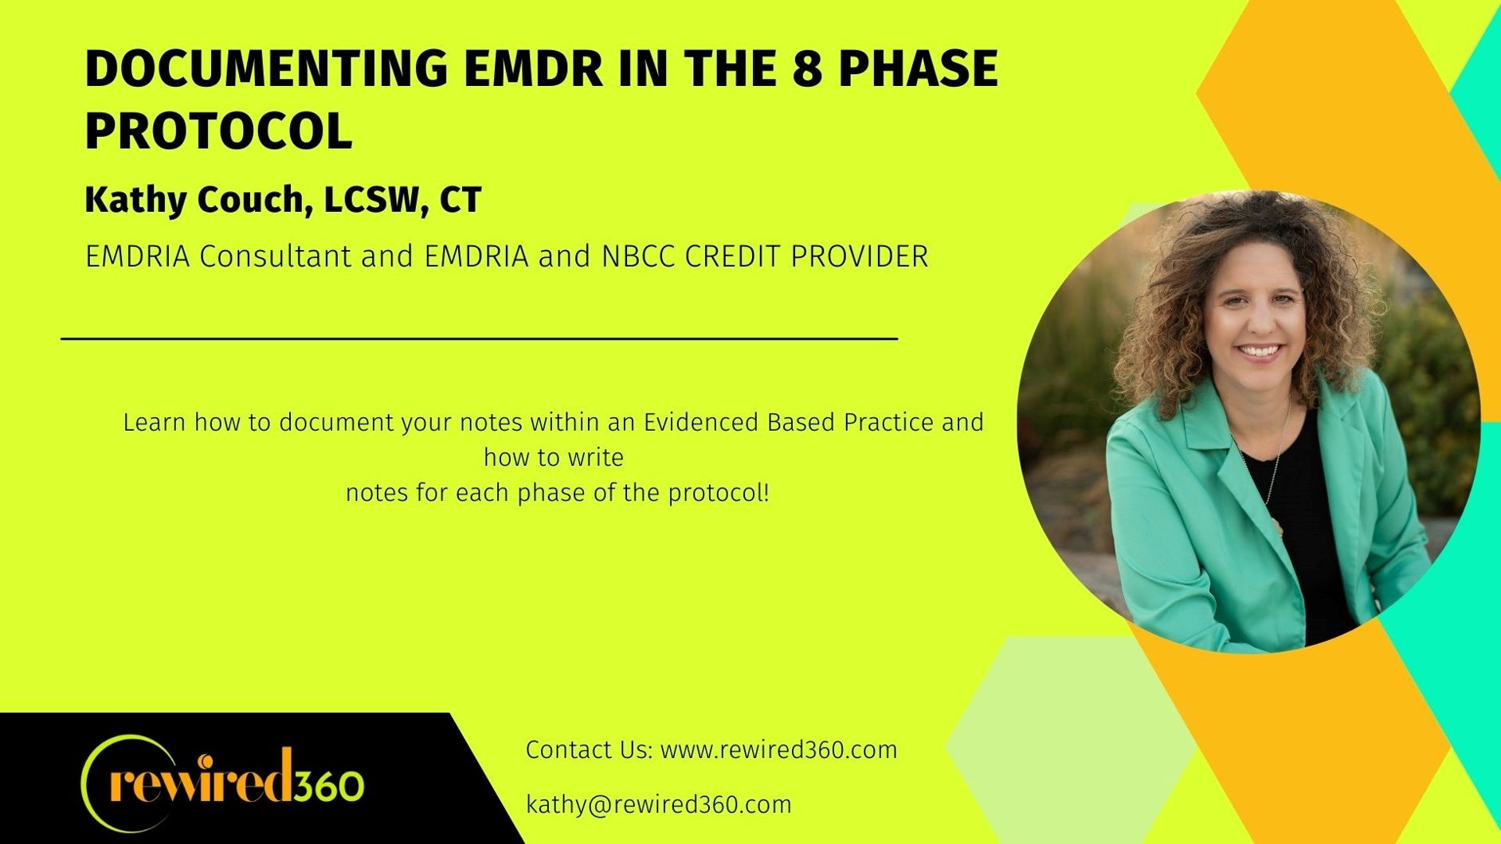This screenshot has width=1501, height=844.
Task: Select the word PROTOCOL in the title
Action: tap(218, 131)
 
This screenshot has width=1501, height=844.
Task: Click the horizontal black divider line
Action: tap(480, 338)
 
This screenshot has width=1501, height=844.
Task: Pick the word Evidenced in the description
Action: tap(701, 422)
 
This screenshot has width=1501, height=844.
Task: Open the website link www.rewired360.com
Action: tap(778, 750)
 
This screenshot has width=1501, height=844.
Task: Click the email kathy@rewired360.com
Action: tap(659, 805)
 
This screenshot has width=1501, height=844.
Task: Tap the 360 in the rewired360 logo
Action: tap(328, 786)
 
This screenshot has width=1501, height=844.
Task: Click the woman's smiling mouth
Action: tap(1259, 351)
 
